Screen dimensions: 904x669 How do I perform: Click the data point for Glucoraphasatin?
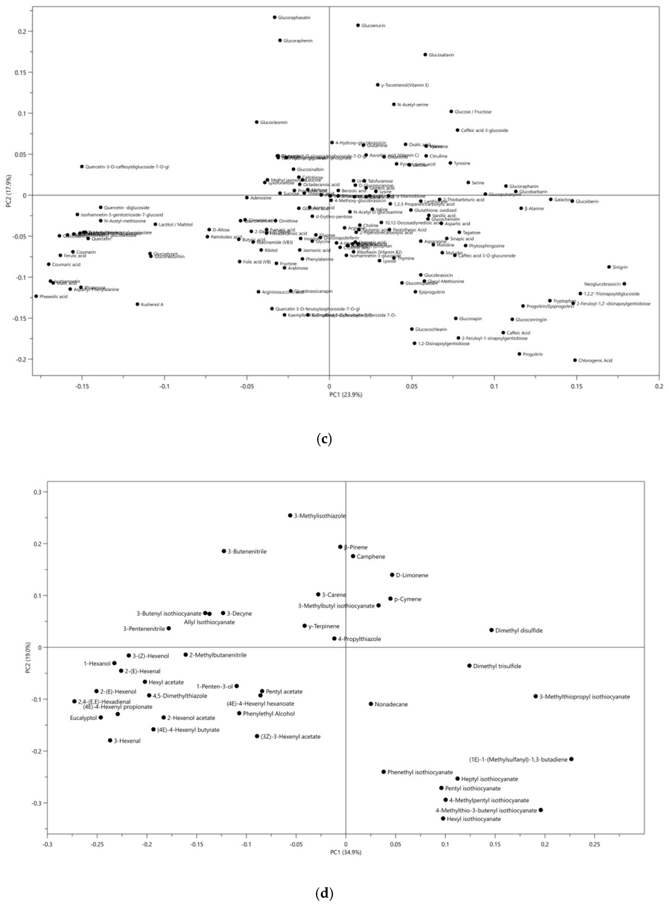point(275,17)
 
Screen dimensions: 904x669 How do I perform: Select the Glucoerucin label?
point(373,25)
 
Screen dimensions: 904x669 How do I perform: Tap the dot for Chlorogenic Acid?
point(575,360)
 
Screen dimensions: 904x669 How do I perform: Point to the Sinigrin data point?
point(609,267)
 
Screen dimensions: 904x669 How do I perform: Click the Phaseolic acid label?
point(54,297)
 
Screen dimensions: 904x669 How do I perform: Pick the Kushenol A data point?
point(137,304)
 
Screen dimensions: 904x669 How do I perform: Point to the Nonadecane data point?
point(371,704)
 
